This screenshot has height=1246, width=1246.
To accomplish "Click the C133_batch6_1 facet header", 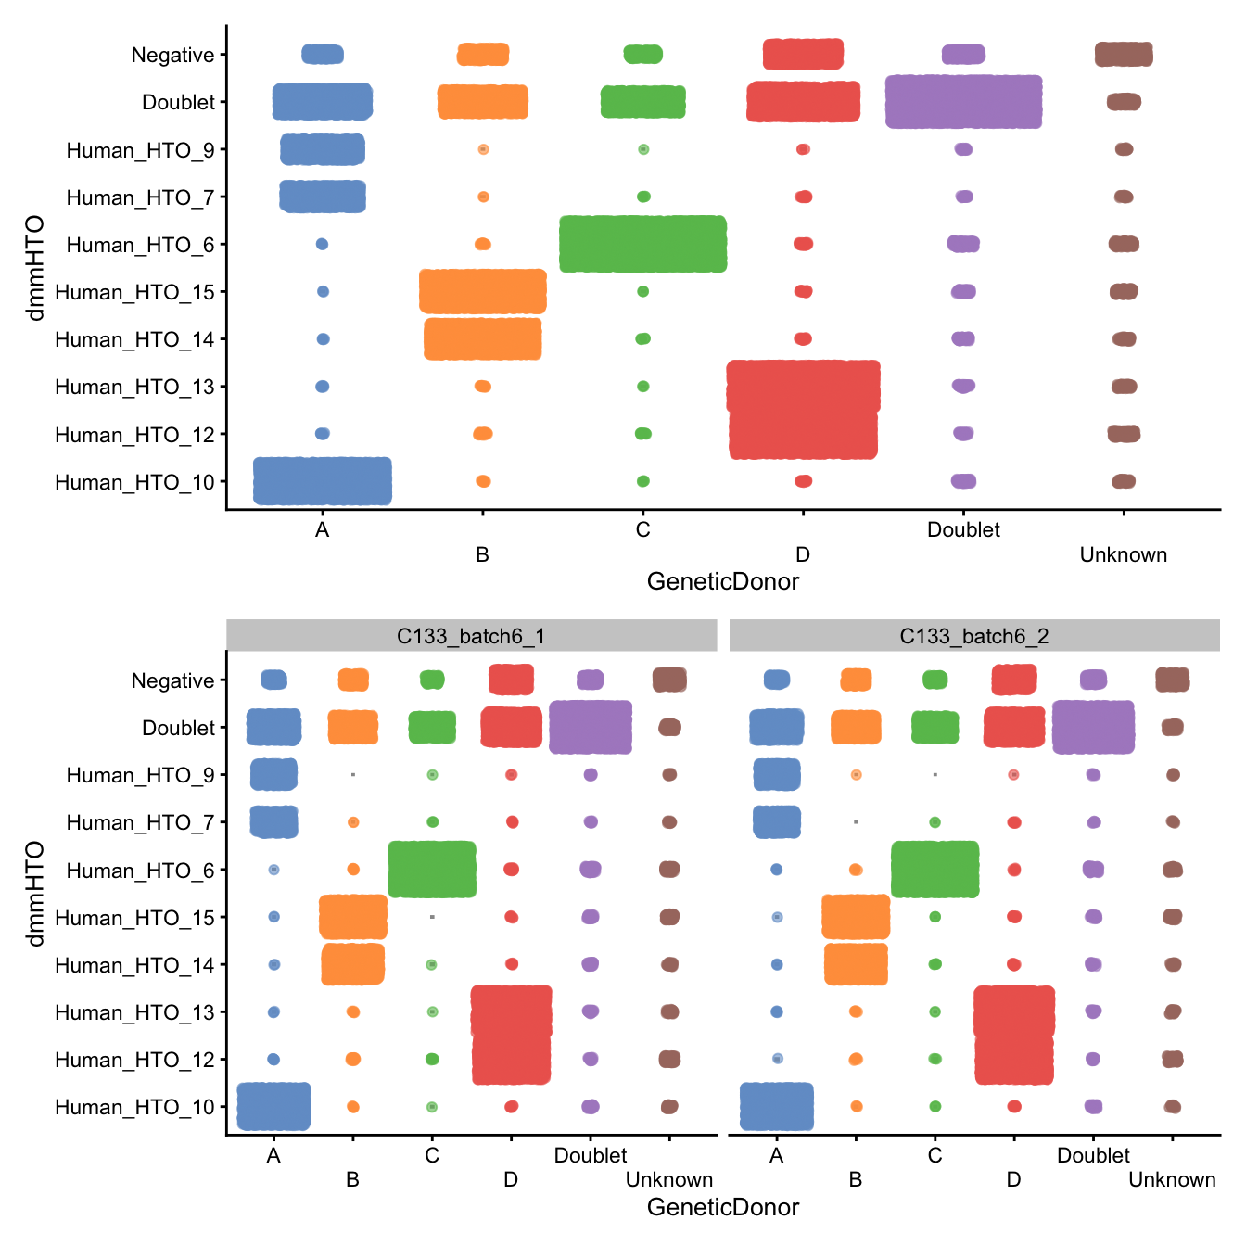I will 471,636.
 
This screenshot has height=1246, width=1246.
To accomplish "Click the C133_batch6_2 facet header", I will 973,636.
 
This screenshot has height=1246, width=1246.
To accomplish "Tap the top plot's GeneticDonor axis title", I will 722,581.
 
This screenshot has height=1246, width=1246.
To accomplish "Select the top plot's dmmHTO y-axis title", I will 35,268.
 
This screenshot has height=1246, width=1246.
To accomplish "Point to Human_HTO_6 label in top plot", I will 140,245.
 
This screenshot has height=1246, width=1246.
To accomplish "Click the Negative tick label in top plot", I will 172,55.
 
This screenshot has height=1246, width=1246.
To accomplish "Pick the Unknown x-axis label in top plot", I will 1123,554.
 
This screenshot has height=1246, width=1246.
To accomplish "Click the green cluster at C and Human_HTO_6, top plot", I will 642,244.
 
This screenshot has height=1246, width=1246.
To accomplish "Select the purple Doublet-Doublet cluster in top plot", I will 963,101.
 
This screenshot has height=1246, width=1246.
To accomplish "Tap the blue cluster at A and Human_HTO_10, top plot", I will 323,481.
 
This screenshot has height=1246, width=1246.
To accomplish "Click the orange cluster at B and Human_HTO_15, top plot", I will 482,291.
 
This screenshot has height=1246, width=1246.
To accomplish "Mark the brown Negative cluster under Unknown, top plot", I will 1124,54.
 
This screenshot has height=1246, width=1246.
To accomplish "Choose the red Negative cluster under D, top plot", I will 803,54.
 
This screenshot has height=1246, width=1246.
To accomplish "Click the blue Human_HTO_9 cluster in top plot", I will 323,149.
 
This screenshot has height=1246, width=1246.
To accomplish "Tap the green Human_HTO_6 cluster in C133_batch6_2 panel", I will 934,870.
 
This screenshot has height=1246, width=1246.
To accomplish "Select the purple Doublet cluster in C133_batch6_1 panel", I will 591,727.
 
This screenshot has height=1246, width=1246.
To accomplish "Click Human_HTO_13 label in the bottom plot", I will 134,1012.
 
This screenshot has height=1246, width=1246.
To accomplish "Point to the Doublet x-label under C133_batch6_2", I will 1093,1155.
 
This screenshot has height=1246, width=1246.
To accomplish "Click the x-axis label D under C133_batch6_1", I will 511,1179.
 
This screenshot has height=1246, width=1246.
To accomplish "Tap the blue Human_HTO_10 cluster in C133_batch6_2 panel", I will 777,1106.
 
